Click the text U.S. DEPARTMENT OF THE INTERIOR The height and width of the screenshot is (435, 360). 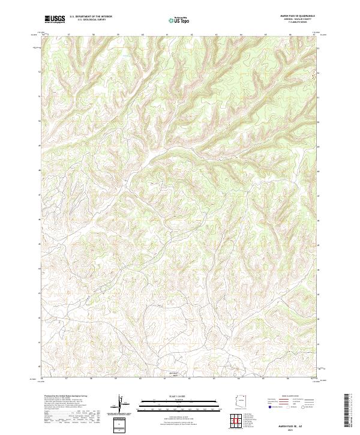tap(91, 17)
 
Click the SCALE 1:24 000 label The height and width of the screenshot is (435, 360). tap(180, 395)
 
